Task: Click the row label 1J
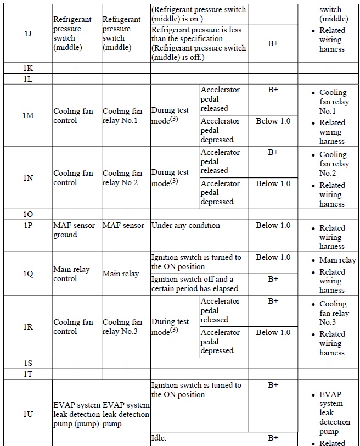28,34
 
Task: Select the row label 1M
28,115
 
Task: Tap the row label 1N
28,178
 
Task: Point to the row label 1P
28,225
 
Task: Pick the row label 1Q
28,274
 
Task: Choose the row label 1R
28,327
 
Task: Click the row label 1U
28,414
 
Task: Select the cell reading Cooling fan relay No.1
125,115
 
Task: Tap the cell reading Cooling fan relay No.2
125,178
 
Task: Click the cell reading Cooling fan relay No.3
125,327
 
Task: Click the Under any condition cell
185,225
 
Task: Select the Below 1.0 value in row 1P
273,225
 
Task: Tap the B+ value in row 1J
273,43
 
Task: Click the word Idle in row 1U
159,438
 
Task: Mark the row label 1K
28,69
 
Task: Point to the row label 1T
28,373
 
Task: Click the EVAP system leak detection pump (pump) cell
76,414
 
